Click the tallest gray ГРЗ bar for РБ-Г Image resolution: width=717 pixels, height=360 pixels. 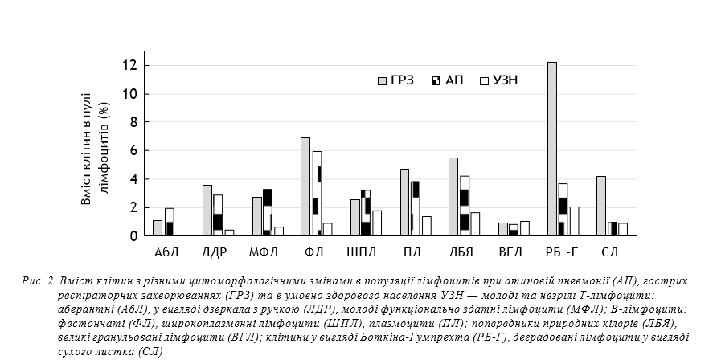tap(552, 149)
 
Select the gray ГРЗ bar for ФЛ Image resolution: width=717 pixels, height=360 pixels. tap(305, 186)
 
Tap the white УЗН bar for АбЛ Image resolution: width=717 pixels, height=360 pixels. tap(170, 222)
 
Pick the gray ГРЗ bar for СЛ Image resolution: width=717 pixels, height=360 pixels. tap(601, 206)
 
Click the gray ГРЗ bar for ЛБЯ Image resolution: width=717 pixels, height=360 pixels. tap(453, 197)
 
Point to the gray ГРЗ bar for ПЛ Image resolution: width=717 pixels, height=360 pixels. tap(404, 202)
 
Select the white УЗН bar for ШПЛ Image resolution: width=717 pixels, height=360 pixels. tap(377, 223)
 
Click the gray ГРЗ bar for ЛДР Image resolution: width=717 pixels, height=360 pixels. tap(207, 211)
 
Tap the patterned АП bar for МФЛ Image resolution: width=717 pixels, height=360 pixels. tap(268, 213)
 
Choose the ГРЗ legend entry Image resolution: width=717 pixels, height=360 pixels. tap(395, 80)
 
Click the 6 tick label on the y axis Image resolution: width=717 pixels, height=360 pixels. tap(134, 150)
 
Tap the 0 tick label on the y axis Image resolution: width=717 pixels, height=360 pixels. tap(134, 235)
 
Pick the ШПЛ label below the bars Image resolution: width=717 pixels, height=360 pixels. tap(361, 253)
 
